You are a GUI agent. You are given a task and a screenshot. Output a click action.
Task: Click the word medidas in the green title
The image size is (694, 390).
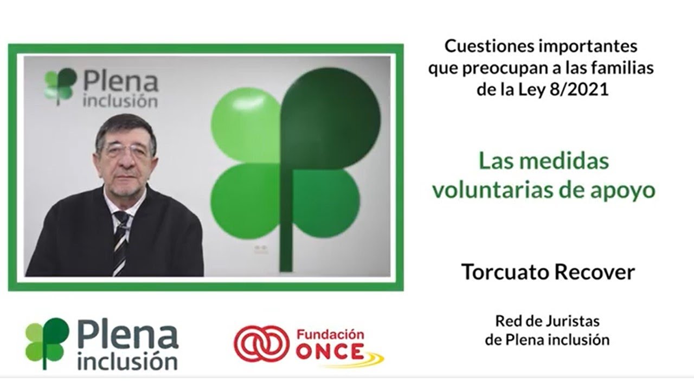point(573,161)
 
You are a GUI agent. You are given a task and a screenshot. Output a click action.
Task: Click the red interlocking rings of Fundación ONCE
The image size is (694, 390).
point(261,343)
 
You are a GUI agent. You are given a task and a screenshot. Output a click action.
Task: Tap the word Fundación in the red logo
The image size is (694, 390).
point(330,334)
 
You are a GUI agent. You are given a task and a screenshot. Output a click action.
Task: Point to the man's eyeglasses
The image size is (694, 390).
point(126,150)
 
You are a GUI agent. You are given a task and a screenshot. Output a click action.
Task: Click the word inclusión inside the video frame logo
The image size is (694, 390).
point(120,101)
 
